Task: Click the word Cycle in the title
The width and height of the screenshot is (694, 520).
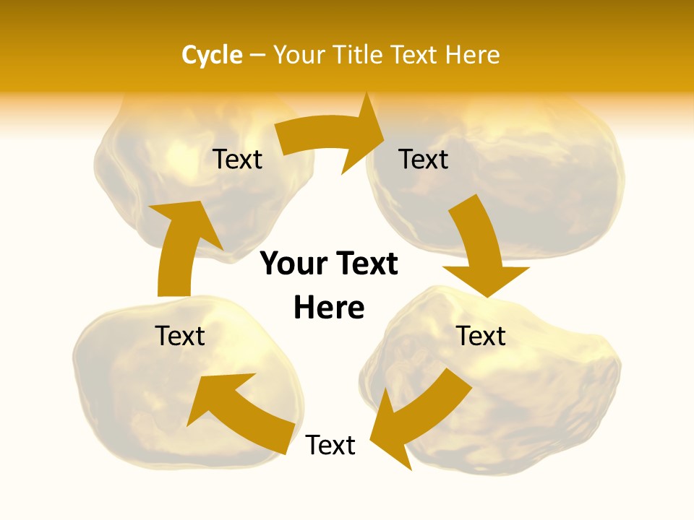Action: click(x=212, y=55)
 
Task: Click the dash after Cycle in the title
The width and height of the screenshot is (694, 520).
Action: click(x=258, y=55)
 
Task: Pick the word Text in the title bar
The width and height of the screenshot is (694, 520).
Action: click(x=416, y=55)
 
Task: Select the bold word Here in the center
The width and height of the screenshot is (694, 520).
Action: click(x=329, y=307)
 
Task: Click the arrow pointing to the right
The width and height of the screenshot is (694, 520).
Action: click(x=333, y=137)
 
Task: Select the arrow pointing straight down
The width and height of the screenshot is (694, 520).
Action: click(x=481, y=253)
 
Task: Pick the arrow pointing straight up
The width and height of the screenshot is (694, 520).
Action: click(x=181, y=246)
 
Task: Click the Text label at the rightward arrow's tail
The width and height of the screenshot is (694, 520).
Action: click(x=237, y=159)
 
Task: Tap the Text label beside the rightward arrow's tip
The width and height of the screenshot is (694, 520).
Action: click(x=424, y=159)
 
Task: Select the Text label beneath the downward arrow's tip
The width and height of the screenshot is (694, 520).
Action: click(x=481, y=336)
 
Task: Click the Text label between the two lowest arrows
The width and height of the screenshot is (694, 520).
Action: click(x=330, y=445)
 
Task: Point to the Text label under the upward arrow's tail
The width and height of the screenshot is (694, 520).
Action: click(x=180, y=336)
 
